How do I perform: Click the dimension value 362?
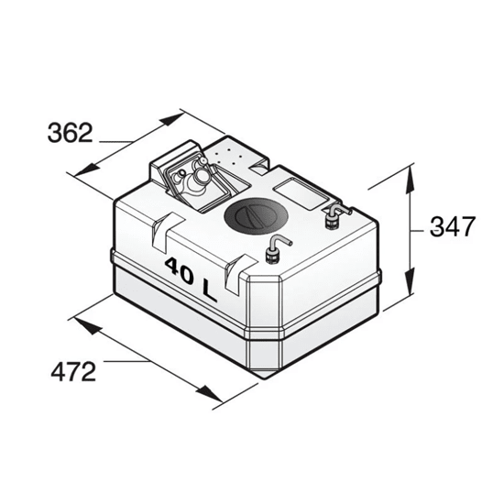tap(70, 134)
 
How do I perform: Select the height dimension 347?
tap(453, 227)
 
